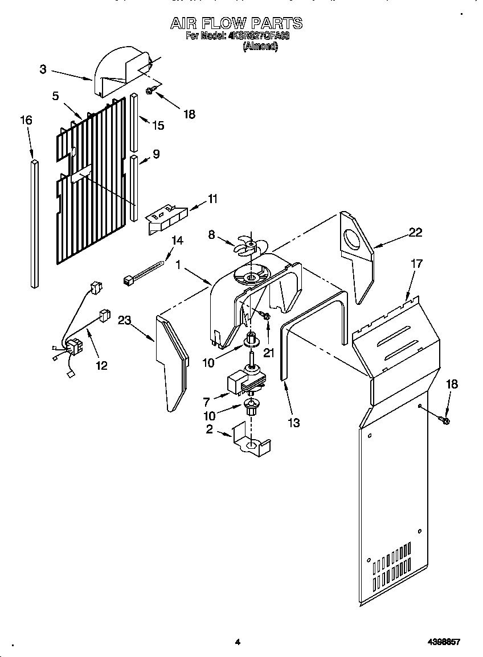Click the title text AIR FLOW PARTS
[x=236, y=23]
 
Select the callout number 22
[x=416, y=232]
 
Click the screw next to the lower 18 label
[x=444, y=420]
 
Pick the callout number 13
[x=294, y=423]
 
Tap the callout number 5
[x=55, y=96]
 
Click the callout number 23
[x=125, y=320]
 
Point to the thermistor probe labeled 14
[x=145, y=271]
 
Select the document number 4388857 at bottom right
[x=443, y=642]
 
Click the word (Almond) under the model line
[x=260, y=47]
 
